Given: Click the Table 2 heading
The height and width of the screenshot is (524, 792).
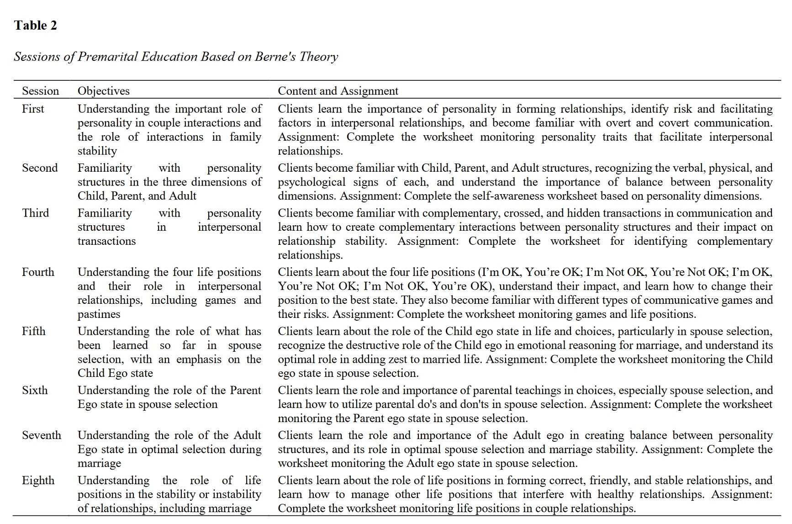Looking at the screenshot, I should (x=36, y=26).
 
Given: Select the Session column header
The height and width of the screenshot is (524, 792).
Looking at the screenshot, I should (x=40, y=91).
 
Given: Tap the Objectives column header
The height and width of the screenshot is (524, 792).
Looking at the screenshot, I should (x=103, y=91).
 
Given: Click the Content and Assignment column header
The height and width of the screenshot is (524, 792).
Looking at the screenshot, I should (x=338, y=91).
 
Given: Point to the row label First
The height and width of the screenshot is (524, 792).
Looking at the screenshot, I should (x=33, y=109).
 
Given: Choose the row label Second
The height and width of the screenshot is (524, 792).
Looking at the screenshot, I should (x=40, y=168).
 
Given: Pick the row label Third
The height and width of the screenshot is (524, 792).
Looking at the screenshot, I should (x=35, y=213).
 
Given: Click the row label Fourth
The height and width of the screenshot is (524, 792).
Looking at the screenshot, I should (x=38, y=272).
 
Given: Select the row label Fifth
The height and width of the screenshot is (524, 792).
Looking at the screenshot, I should (x=34, y=331).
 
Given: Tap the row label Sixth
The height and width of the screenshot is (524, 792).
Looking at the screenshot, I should (x=35, y=390).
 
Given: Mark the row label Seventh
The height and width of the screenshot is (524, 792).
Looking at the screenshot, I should (x=41, y=435).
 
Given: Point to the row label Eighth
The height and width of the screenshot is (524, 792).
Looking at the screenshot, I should (x=38, y=480).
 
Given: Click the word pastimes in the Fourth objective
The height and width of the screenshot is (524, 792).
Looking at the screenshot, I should (x=99, y=314).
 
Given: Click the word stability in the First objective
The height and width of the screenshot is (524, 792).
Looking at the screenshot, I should (x=97, y=151).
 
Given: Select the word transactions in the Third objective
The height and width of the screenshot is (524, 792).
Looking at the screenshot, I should (x=106, y=241).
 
